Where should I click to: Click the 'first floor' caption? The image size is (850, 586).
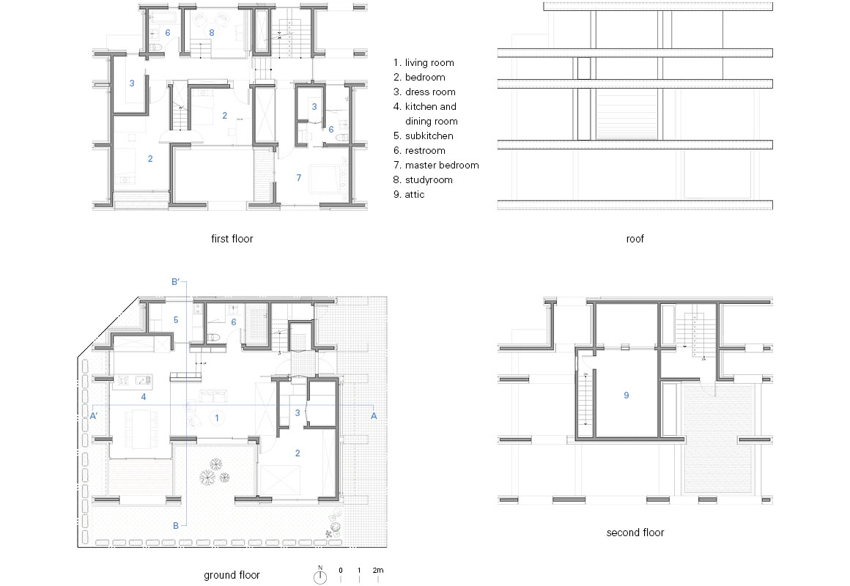pyautogui.click(x=232, y=239)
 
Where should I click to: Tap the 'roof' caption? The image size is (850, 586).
pyautogui.click(x=635, y=239)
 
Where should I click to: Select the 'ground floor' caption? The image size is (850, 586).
pyautogui.click(x=232, y=575)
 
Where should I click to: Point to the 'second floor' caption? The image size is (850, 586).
pyautogui.click(x=635, y=533)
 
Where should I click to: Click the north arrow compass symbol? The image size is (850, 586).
pyautogui.click(x=320, y=576)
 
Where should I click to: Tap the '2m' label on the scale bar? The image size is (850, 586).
pyautogui.click(x=378, y=571)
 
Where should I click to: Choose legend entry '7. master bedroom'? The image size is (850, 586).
pyautogui.click(x=436, y=166)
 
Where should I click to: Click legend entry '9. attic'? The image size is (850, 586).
pyautogui.click(x=409, y=195)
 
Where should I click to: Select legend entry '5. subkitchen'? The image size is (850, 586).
pyautogui.click(x=423, y=136)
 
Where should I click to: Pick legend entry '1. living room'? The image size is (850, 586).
pyautogui.click(x=424, y=63)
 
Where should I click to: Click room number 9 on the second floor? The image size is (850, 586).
pyautogui.click(x=626, y=396)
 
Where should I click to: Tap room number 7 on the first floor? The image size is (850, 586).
pyautogui.click(x=299, y=177)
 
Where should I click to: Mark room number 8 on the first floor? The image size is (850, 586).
pyautogui.click(x=212, y=32)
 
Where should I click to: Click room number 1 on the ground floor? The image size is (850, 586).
pyautogui.click(x=217, y=418)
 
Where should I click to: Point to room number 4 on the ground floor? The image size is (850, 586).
pyautogui.click(x=144, y=397)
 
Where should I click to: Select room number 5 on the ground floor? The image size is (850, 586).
pyautogui.click(x=176, y=320)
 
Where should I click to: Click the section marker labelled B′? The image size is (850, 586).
pyautogui.click(x=176, y=282)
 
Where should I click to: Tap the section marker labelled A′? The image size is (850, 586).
pyautogui.click(x=94, y=416)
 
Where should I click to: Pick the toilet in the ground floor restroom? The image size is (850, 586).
pyautogui.click(x=213, y=337)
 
